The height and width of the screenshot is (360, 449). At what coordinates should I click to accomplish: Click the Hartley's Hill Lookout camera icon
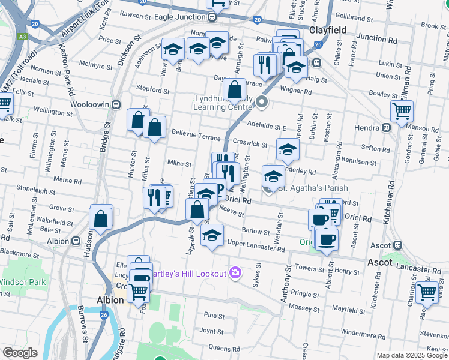[x=235, y=274]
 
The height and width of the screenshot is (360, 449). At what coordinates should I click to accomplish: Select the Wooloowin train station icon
[x=118, y=104]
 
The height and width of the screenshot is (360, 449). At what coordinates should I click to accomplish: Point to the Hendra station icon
[x=386, y=127]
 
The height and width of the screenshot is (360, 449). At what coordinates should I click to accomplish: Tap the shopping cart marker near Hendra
[x=402, y=110]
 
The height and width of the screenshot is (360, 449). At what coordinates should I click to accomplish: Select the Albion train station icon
[x=76, y=241]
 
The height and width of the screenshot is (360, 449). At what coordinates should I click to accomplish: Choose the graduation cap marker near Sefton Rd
[x=288, y=148]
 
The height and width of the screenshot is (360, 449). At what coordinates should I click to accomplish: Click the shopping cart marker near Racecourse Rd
[x=427, y=292]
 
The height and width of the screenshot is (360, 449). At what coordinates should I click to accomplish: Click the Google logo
[x=20, y=353]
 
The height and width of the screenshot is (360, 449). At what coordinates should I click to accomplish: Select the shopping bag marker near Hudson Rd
[x=101, y=219]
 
